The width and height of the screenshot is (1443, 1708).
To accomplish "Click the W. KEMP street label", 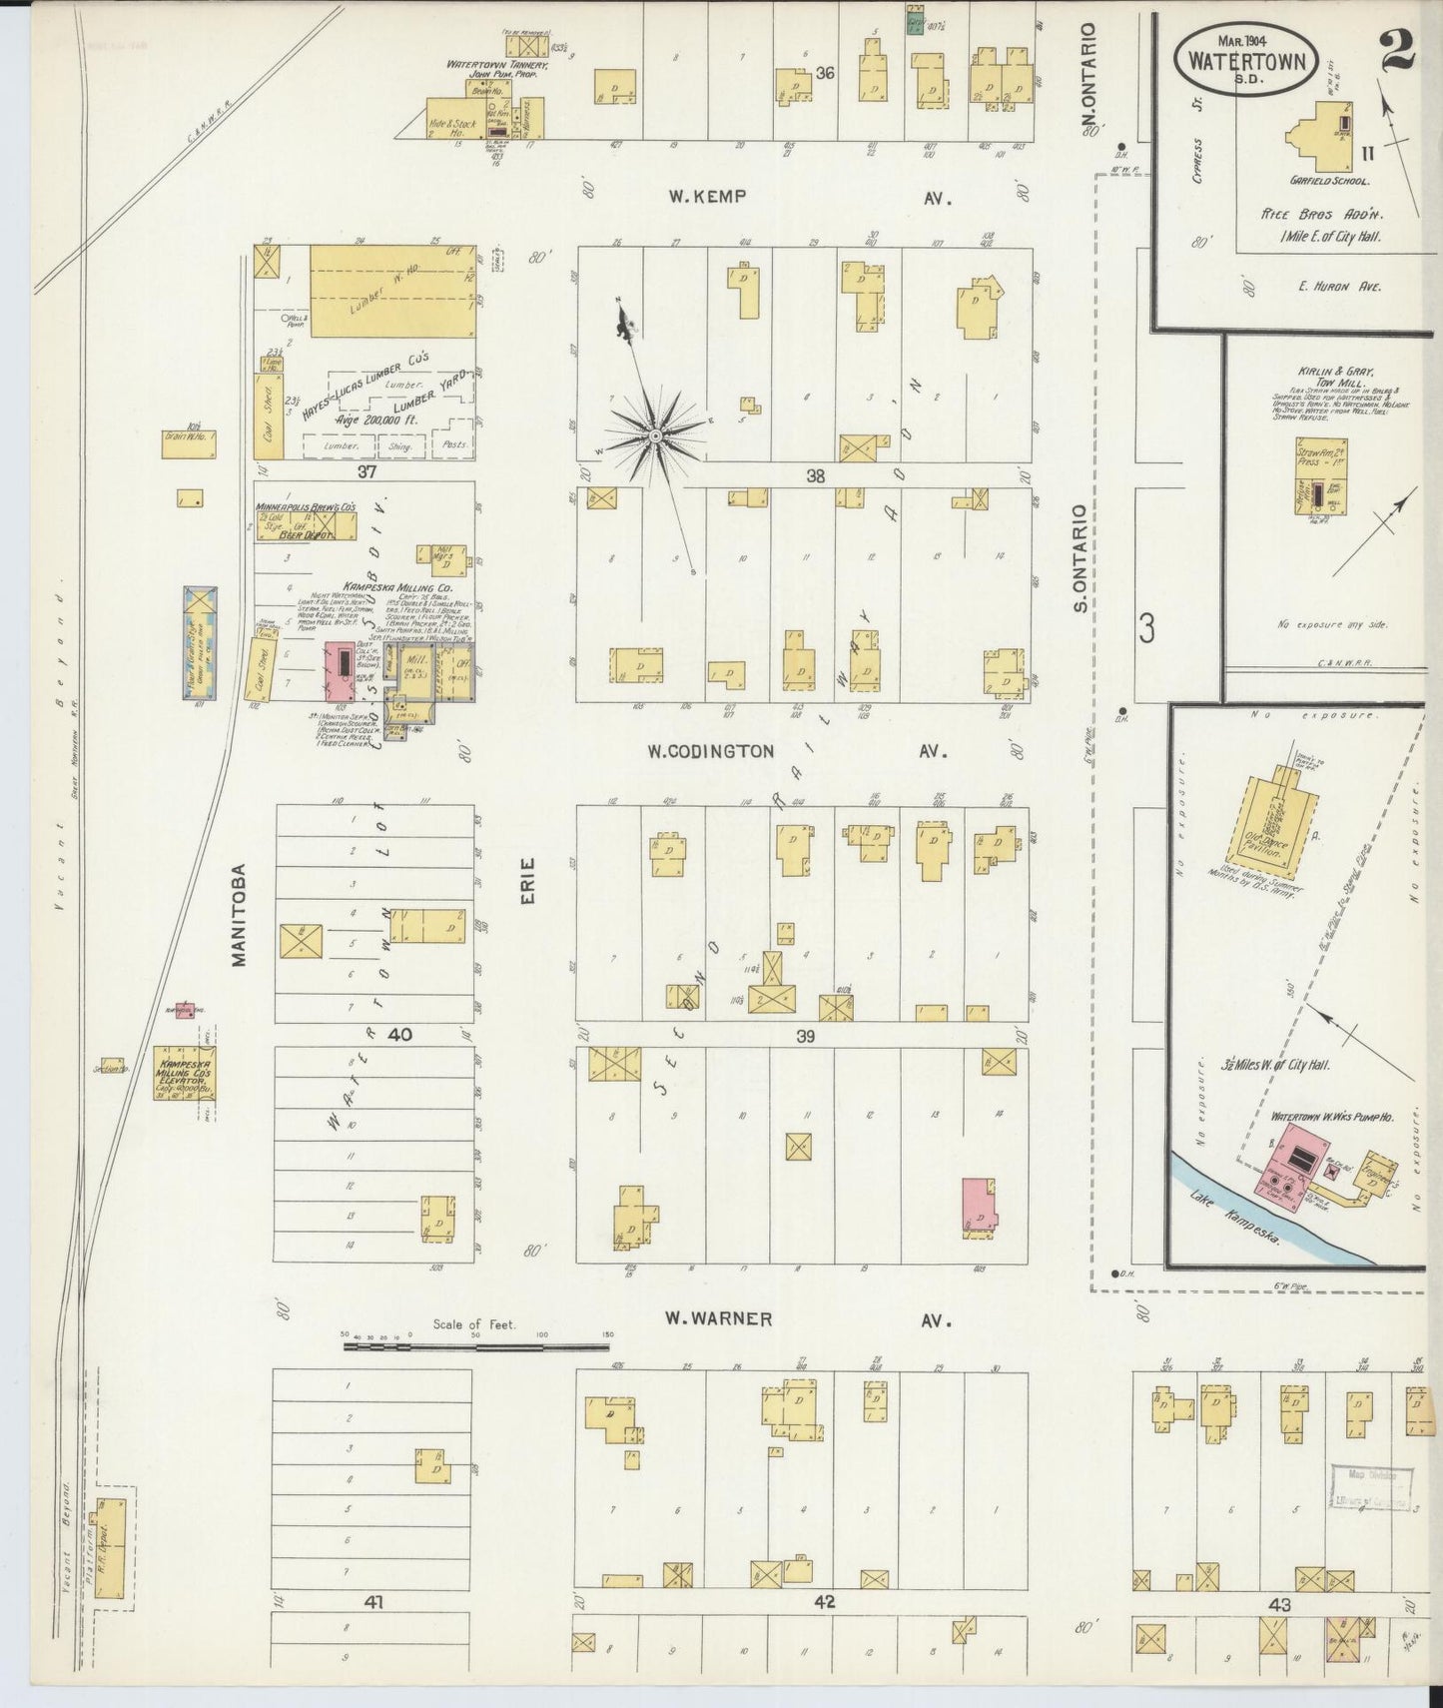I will point(707,197).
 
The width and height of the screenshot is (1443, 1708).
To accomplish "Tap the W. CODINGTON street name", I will point(710,751).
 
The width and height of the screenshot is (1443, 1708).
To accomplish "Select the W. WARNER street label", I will point(719,1319).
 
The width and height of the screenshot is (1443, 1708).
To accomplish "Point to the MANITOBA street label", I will point(239,915).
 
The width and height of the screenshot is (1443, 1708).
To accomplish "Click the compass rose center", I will point(654,436).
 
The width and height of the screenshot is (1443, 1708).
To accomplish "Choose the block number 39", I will point(805,1037).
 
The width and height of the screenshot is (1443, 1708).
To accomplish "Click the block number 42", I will point(823,1602).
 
